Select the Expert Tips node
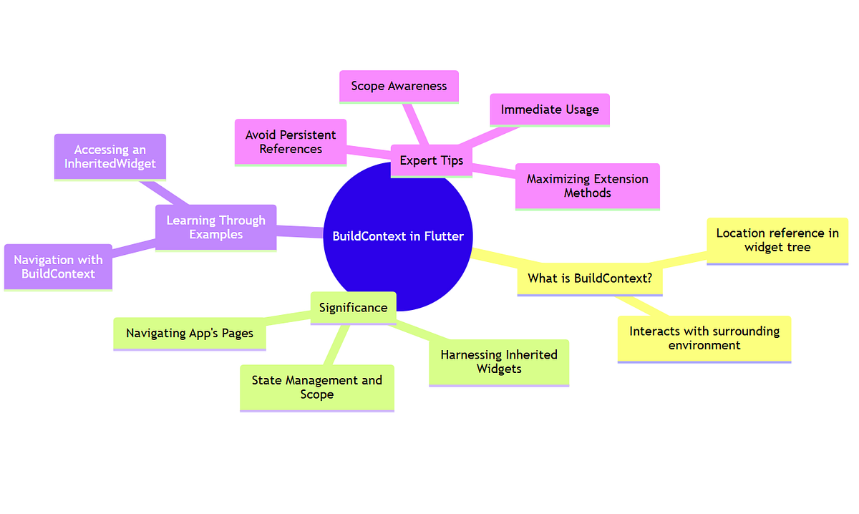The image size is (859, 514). [431, 161]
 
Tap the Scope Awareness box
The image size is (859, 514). [399, 87]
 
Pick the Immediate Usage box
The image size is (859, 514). [550, 110]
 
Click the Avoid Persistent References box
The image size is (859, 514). [291, 142]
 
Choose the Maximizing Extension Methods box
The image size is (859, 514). [587, 186]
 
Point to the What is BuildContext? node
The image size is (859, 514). [589, 278]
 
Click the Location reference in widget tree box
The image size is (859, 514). [777, 241]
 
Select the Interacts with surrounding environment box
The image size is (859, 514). [704, 339]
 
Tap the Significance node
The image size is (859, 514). [353, 308]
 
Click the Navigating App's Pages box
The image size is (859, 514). [190, 334]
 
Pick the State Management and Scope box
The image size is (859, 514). [317, 387]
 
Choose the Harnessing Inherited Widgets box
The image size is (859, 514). [499, 362]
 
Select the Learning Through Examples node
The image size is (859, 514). [215, 228]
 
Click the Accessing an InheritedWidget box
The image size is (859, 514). [110, 157]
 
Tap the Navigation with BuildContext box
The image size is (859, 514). [58, 267]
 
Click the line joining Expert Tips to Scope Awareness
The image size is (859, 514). [417, 124]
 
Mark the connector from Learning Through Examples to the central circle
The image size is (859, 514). [301, 231]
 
